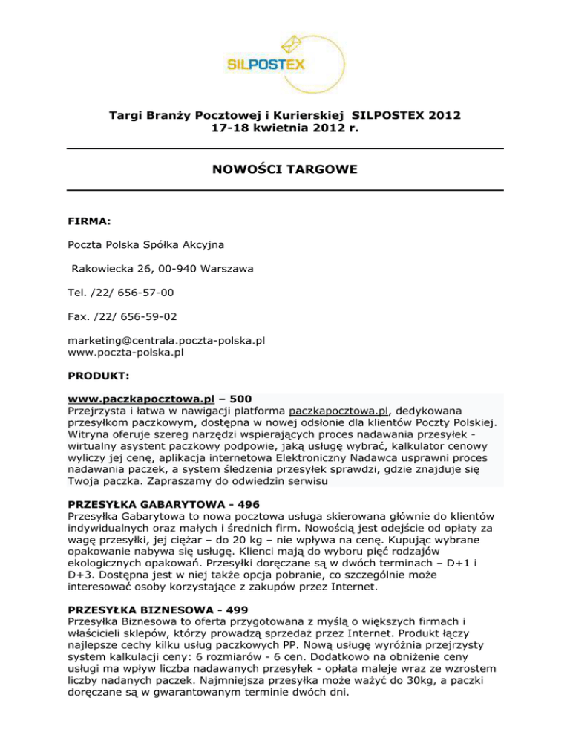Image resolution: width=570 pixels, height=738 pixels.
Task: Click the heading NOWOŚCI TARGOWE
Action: pyautogui.click(x=285, y=170)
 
